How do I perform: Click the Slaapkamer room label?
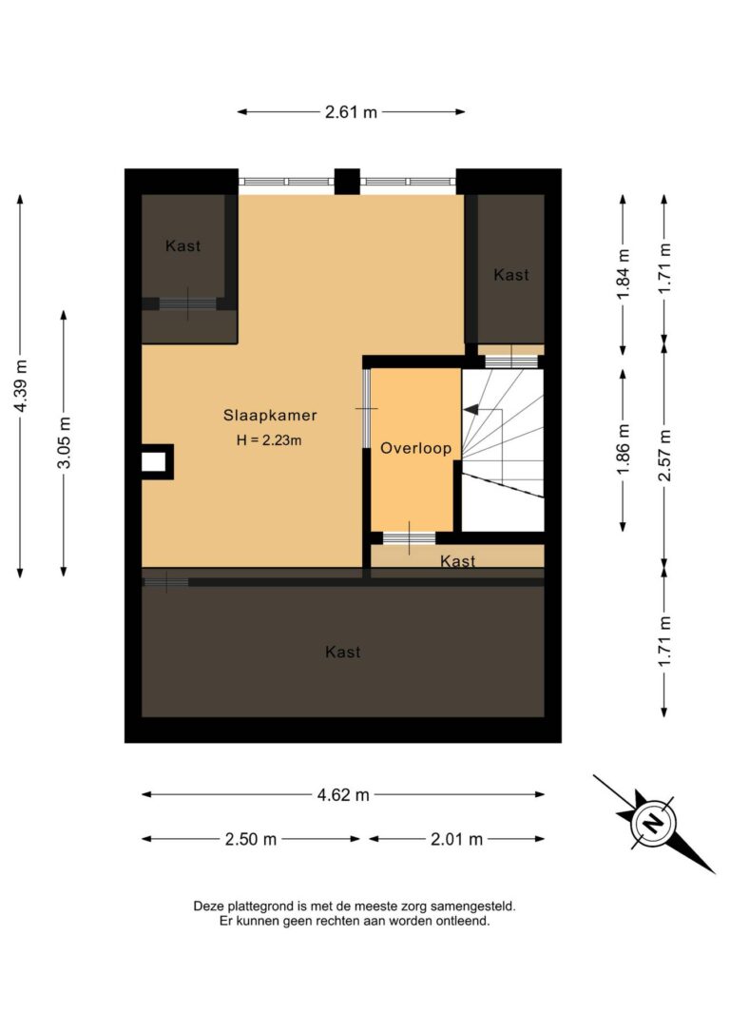coord(270,416)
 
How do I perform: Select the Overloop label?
coord(415,448)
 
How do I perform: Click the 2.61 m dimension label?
coord(351,112)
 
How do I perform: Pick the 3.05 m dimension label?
coord(64,443)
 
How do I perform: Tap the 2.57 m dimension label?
coord(665,455)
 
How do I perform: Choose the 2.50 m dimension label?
coord(251,839)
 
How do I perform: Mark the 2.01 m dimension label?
coord(457,839)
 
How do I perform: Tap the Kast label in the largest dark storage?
coord(342,653)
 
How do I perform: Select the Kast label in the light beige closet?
coord(458,562)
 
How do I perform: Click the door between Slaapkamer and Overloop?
coord(367,408)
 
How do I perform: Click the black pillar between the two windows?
coord(347,181)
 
